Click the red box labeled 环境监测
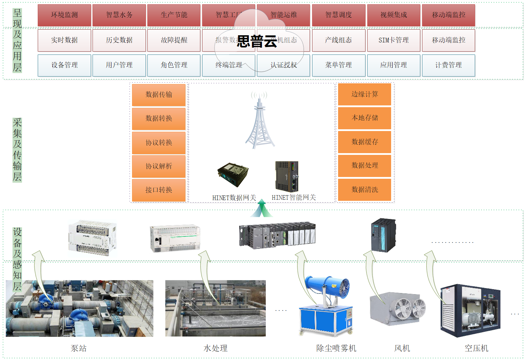click(x=64, y=15)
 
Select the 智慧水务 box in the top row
click(x=119, y=15)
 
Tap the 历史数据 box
click(x=119, y=40)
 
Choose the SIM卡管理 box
click(x=394, y=40)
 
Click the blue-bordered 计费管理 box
click(x=448, y=65)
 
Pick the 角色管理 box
click(x=174, y=65)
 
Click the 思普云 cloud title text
click(x=257, y=41)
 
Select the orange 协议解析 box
click(x=159, y=166)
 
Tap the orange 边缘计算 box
click(x=365, y=94)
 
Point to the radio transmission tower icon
click(x=260, y=123)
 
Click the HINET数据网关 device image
click(x=233, y=174)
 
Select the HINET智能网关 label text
click(x=294, y=198)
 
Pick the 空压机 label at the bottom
click(x=476, y=348)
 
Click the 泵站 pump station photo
click(x=79, y=308)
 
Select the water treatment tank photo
click(x=215, y=308)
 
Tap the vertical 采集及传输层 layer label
click(x=17, y=150)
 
